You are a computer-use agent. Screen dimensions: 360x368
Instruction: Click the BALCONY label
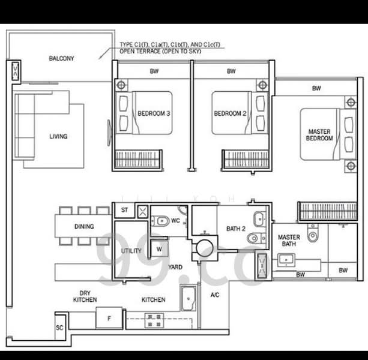tap(61, 58)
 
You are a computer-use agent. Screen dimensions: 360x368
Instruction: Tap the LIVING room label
tap(58, 136)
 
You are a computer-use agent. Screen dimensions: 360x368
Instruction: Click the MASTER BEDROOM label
tap(320, 134)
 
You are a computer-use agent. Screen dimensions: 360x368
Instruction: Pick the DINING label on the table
tap(83, 226)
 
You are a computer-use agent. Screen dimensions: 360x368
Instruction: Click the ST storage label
tap(125, 211)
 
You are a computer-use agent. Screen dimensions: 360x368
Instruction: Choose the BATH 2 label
tap(235, 229)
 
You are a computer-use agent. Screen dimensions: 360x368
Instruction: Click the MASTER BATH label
tap(289, 241)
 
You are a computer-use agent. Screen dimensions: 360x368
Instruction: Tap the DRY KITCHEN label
tap(85, 295)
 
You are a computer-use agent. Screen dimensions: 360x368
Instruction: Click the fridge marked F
tap(109, 317)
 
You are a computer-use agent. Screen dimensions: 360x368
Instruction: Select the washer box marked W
tap(158, 248)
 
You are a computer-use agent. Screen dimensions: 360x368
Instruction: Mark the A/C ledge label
tap(215, 295)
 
